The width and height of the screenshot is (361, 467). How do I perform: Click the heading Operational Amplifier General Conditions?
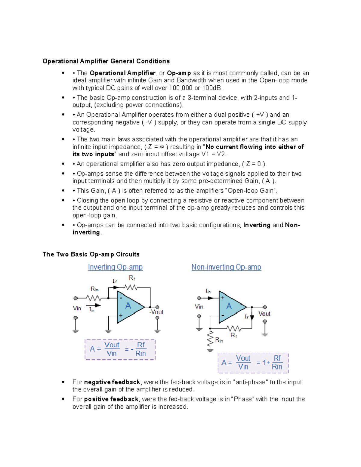point(106,61)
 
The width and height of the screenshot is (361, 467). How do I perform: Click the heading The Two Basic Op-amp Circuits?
point(91,254)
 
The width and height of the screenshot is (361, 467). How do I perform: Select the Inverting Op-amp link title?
point(115,267)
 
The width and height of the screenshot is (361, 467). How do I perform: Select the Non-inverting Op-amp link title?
point(226,267)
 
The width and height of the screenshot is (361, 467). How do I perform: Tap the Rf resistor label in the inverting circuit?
point(132,278)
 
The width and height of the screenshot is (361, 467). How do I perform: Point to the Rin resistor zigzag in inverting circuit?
point(94,298)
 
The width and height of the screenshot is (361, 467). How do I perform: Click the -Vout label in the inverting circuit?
point(156,312)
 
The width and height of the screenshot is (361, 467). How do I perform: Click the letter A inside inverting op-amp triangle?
point(128,306)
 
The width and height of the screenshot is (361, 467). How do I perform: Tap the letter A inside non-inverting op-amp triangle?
point(229,306)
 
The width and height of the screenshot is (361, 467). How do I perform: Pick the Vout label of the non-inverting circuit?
point(264,314)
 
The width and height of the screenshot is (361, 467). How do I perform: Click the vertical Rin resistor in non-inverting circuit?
point(210,340)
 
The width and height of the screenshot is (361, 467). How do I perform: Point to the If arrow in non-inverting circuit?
point(252,317)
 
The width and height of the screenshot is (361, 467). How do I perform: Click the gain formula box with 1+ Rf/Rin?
point(253,363)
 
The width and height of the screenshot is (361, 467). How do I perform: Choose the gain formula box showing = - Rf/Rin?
point(120,349)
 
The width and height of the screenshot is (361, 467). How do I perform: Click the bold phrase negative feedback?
point(112,382)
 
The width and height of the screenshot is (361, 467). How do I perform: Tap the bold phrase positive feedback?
point(111,399)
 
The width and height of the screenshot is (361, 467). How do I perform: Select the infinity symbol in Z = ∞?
point(162,147)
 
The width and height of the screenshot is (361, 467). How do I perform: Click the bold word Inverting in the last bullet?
point(257,225)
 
